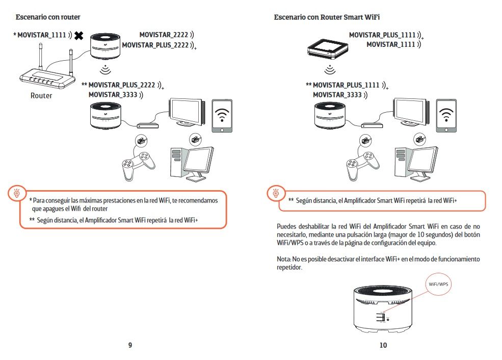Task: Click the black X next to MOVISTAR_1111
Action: [x=79, y=36]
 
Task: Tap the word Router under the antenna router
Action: [x=41, y=95]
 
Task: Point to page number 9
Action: [x=130, y=345]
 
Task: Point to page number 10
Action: [x=383, y=345]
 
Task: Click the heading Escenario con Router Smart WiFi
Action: [x=327, y=17]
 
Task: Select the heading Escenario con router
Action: [x=48, y=17]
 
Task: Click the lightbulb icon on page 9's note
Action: [x=17, y=193]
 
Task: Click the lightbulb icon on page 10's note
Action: [x=276, y=193]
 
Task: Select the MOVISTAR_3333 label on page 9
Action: [x=113, y=94]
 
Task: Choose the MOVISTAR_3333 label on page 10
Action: [x=337, y=94]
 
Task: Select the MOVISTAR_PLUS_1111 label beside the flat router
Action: [x=382, y=35]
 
